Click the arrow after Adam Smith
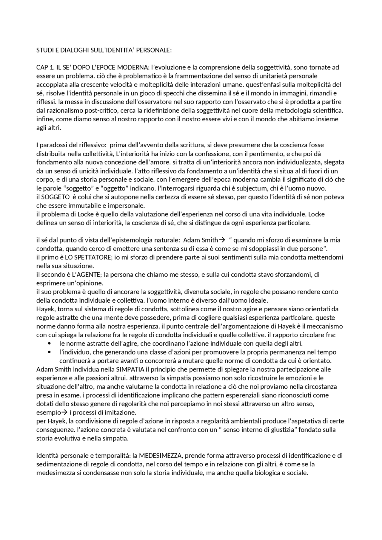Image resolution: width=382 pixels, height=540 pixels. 222,240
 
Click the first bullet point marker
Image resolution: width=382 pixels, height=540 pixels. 50,344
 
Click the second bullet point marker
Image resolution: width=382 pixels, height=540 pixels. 50,352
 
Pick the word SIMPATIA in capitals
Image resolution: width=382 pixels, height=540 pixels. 130,369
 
